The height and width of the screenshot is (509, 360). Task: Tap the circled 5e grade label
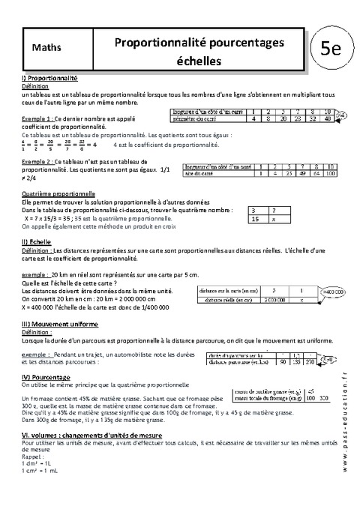pos(331,50)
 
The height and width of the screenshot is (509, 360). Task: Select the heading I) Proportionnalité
pos(51,78)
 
